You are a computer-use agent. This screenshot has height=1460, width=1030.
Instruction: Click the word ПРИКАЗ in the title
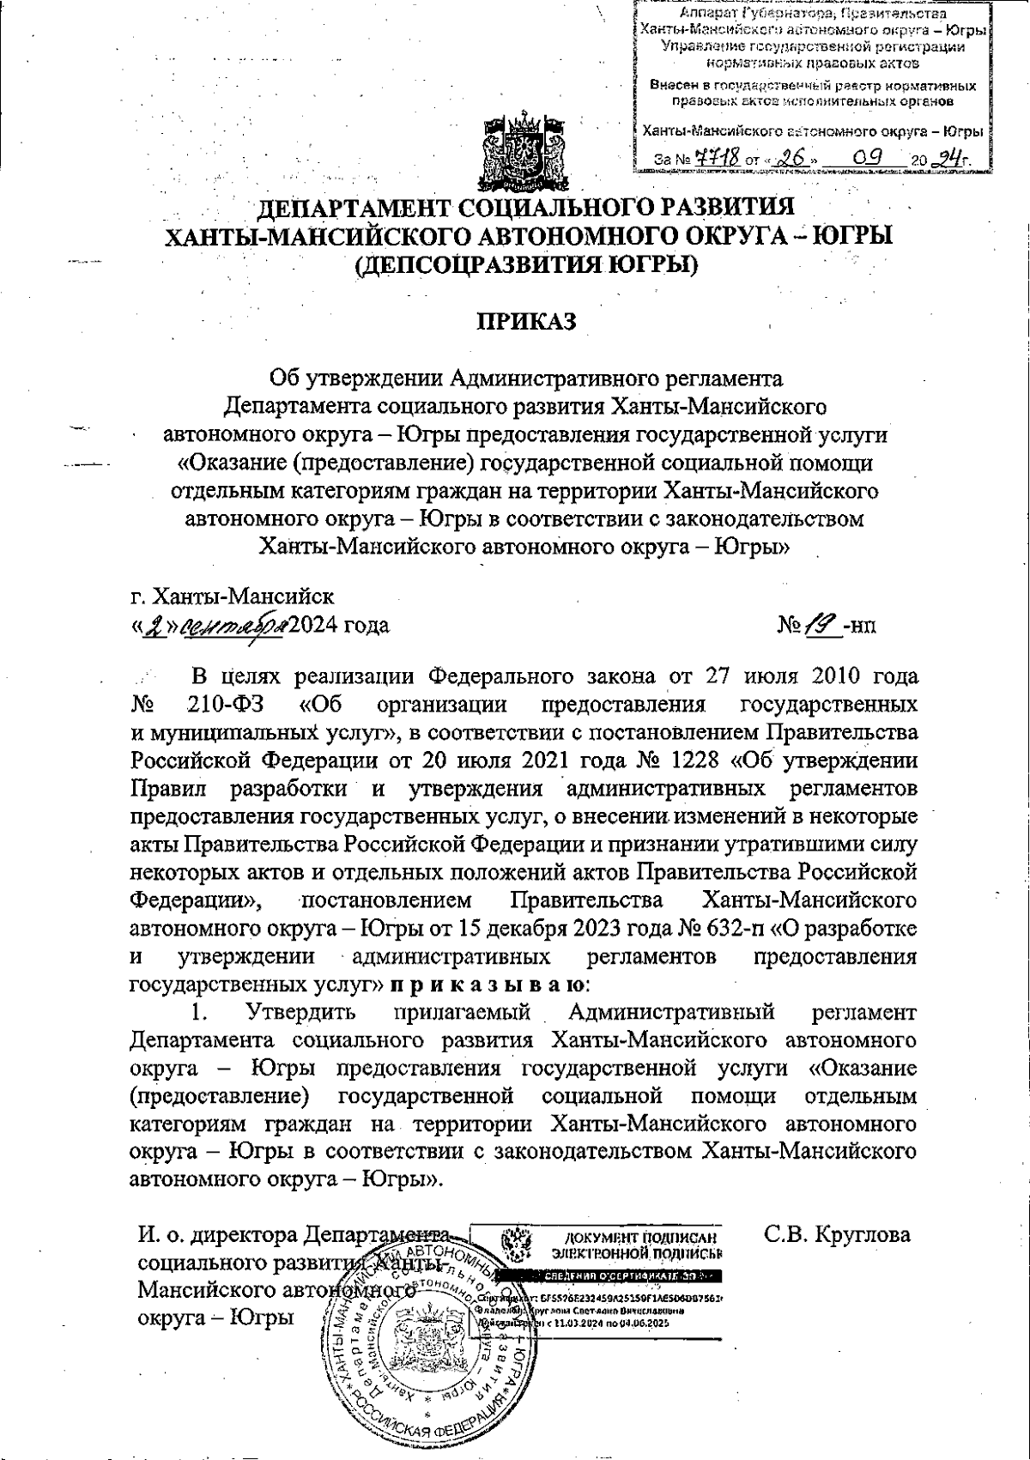[x=525, y=320]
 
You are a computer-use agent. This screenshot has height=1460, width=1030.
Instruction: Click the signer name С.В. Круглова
[x=837, y=1235]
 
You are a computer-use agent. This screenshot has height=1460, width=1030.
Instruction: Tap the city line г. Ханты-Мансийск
[x=232, y=595]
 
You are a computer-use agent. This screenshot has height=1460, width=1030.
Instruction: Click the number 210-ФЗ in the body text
[x=225, y=705]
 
